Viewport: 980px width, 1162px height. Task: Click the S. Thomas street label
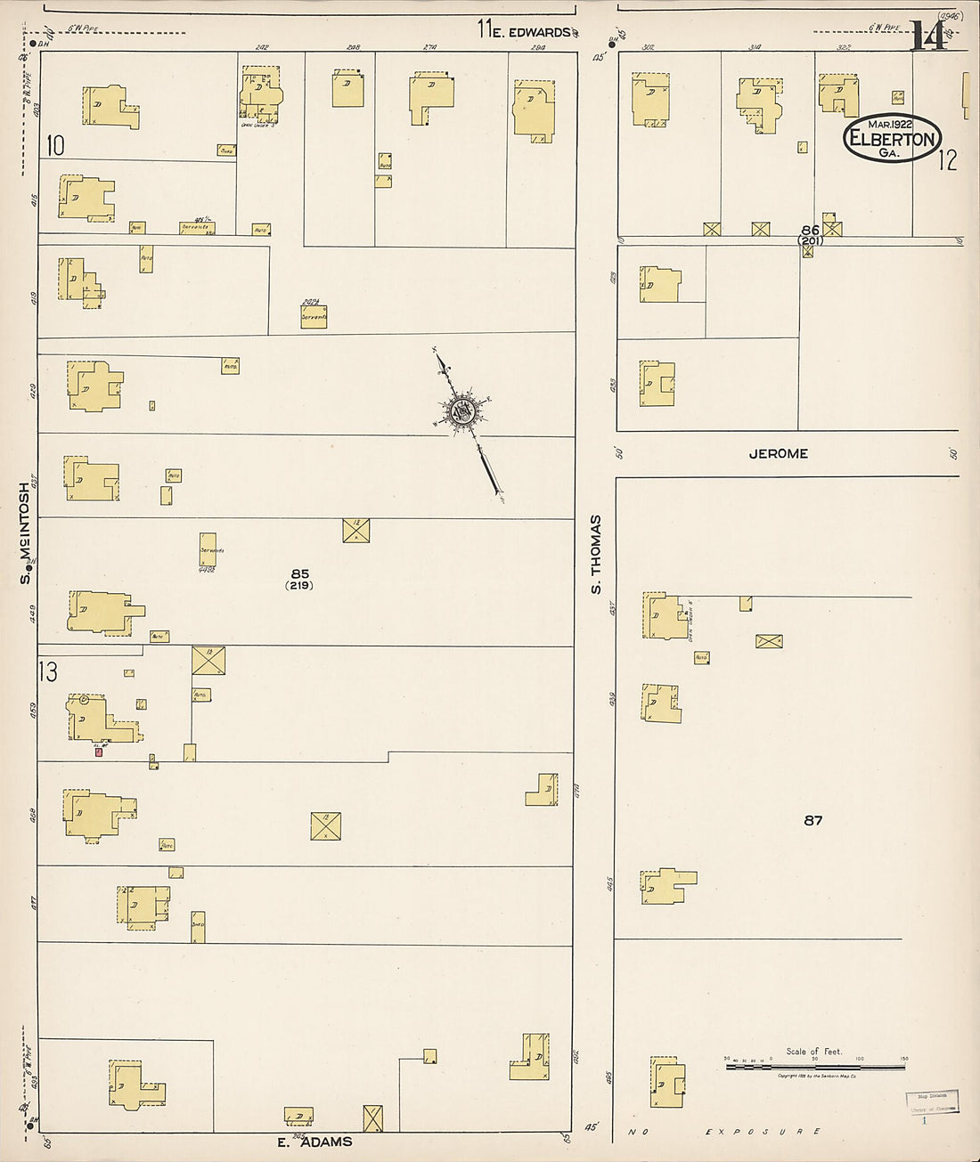tap(596, 554)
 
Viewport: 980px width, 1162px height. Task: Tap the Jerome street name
tap(778, 453)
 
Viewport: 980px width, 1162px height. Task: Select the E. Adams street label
tap(314, 1142)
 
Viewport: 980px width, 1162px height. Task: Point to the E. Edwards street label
tap(531, 32)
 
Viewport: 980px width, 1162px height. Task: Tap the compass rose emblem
tap(462, 410)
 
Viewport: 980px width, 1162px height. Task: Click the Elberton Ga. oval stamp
tap(892, 138)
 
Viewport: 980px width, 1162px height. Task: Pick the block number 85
tap(299, 573)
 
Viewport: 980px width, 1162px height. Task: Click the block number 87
tap(813, 820)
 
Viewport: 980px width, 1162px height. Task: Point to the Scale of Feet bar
tap(814, 1065)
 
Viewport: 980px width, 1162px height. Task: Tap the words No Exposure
tap(722, 1133)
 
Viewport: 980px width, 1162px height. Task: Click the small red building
tap(99, 752)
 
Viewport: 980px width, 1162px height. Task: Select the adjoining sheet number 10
tap(56, 145)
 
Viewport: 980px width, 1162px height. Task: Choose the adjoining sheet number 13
tap(47, 670)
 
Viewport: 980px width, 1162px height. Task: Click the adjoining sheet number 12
tap(947, 160)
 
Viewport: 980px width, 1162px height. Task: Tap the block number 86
tap(809, 230)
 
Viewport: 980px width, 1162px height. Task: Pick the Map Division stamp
tap(931, 1101)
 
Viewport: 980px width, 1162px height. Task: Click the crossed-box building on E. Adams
tap(373, 1117)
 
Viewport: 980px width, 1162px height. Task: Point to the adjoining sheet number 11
tap(485, 29)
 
